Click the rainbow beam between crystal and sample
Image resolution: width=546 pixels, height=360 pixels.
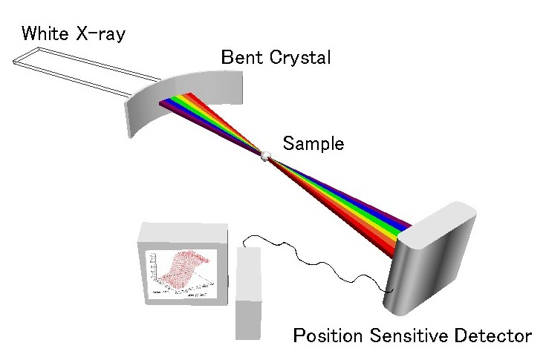[215, 122]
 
